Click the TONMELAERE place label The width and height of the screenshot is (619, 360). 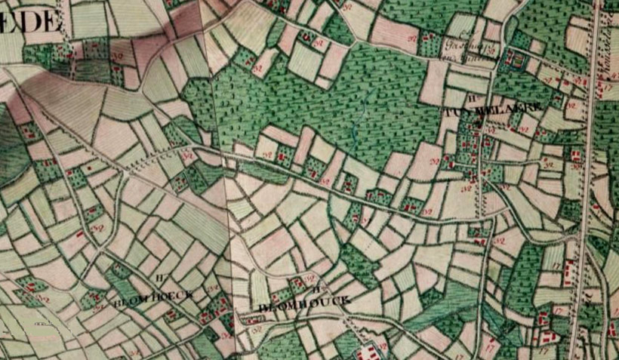click(x=494, y=109)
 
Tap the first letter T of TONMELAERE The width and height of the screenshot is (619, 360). click(x=450, y=109)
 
